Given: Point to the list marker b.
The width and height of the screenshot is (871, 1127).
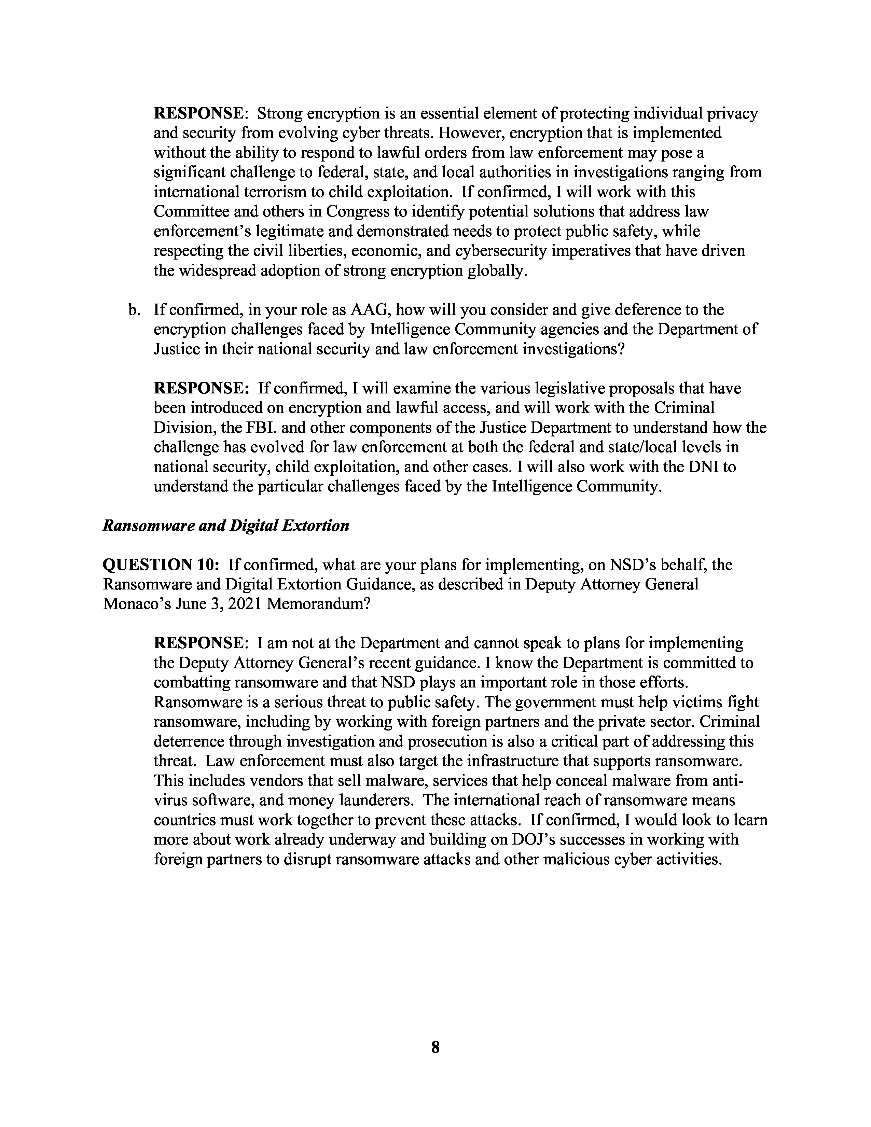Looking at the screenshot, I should tap(134, 310).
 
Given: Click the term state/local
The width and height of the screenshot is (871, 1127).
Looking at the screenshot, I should tap(642, 447).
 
